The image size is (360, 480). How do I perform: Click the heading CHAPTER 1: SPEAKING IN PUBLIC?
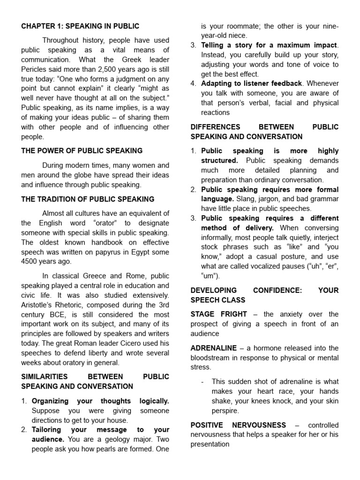(80, 26)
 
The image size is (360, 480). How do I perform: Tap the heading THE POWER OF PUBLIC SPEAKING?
(82, 151)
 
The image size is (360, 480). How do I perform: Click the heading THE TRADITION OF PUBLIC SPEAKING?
(88, 199)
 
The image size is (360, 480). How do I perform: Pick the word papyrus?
(110, 252)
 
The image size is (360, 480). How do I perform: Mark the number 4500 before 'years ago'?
(31, 262)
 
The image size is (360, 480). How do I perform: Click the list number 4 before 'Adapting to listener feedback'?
(194, 83)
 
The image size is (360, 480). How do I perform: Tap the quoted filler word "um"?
(209, 276)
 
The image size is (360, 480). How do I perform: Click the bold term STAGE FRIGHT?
(218, 314)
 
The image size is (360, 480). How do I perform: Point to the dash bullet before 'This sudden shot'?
(202, 382)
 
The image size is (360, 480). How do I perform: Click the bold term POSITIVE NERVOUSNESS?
(238, 425)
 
